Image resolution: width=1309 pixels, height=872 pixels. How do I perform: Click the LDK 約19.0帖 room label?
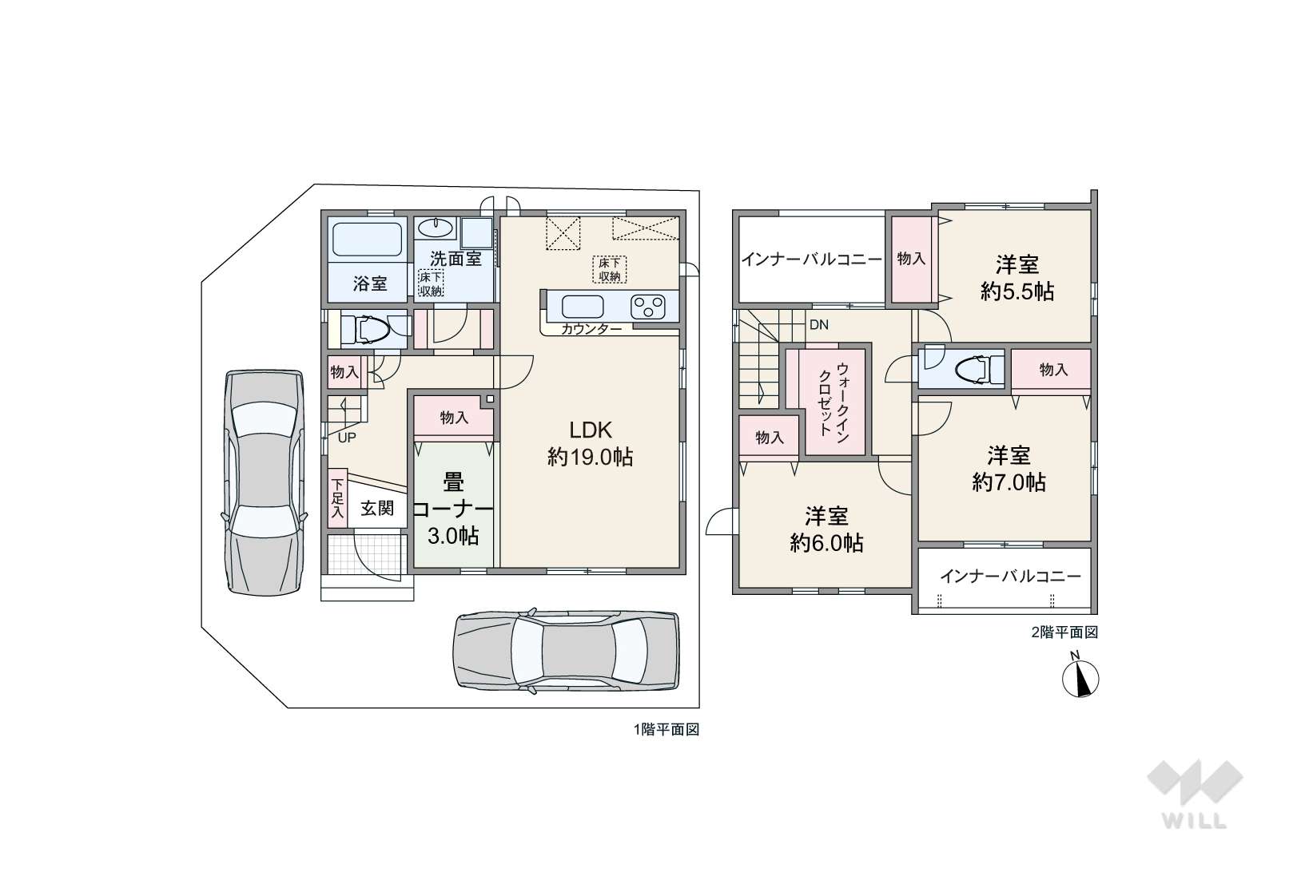(x=591, y=443)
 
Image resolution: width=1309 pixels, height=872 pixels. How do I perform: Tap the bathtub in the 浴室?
(x=367, y=239)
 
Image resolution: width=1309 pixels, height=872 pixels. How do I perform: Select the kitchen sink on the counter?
(x=582, y=306)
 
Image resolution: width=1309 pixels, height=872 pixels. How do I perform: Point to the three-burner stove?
(x=648, y=307)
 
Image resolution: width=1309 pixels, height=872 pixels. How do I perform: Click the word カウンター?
(x=591, y=330)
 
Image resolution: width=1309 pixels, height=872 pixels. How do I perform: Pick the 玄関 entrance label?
(x=377, y=508)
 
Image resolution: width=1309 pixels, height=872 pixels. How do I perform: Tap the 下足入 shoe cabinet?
(x=337, y=499)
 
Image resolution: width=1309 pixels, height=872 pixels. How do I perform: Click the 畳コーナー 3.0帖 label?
(x=453, y=509)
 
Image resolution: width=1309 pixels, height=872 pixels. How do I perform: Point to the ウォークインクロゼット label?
(x=834, y=399)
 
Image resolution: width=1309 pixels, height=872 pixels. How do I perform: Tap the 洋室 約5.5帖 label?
(x=1017, y=278)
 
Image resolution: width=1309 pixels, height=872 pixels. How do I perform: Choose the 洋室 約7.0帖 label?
(x=1009, y=469)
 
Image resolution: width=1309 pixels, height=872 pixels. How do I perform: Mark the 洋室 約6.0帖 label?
(x=826, y=529)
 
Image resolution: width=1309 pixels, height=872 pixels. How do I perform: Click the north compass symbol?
(x=1080, y=676)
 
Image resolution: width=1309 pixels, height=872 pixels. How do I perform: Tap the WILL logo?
(x=1195, y=794)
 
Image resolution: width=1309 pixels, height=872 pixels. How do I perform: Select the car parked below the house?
(x=567, y=651)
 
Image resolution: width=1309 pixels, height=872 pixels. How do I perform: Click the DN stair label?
(x=818, y=325)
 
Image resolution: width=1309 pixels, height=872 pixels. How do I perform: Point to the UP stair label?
(x=347, y=438)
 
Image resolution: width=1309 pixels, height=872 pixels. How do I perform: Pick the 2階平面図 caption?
(x=1064, y=632)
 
